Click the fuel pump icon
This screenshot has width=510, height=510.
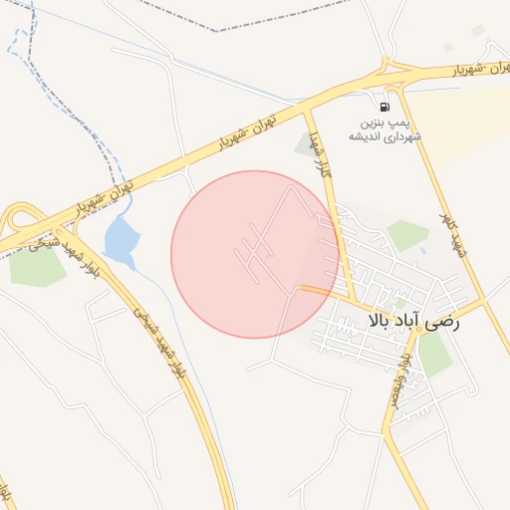click(383, 105)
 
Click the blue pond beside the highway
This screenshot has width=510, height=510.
click(120, 242)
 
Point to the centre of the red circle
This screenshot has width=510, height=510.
click(254, 254)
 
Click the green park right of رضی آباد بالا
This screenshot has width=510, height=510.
click(434, 353)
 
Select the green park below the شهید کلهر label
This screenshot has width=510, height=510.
click(407, 235)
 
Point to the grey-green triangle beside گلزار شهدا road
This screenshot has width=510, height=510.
click(304, 144)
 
